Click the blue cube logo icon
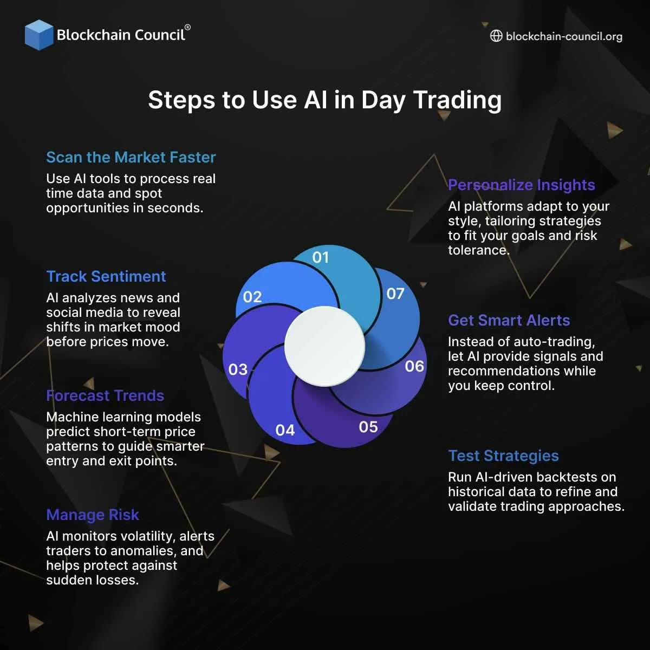pos(38,35)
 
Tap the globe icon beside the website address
pos(496,36)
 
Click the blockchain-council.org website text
pos(564,37)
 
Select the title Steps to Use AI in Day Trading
pos(324,100)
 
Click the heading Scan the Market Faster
pos(131,158)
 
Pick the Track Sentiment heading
pos(106,276)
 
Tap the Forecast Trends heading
pos(105,395)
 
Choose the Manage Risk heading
pos(93,515)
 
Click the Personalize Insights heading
pos(521,185)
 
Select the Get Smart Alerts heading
pos(509,320)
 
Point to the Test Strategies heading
pos(503,456)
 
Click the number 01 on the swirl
pos(321,257)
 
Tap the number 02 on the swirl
pos(252,297)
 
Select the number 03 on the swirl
pos(238,369)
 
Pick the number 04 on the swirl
pos(285,430)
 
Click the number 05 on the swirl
pos(368,427)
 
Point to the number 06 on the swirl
pos(414,366)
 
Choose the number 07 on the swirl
pos(395,294)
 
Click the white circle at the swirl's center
pos(325,346)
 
